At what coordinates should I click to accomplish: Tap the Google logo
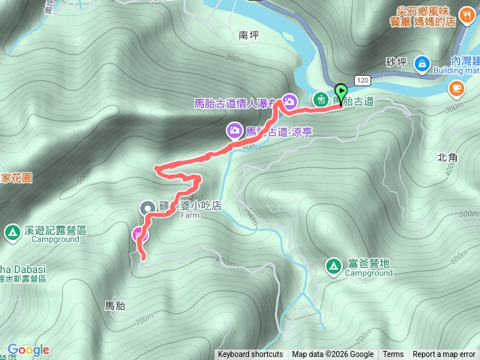pyautogui.click(x=28, y=349)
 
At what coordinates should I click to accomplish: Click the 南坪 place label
pyautogui.click(x=247, y=34)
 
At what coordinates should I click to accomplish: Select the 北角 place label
pyautogui.click(x=447, y=157)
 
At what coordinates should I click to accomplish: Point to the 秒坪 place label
pyautogui.click(x=395, y=61)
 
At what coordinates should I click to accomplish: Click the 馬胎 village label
pyautogui.click(x=115, y=305)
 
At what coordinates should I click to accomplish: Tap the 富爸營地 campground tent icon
pyautogui.click(x=333, y=265)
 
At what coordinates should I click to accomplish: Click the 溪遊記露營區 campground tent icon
pyautogui.click(x=13, y=232)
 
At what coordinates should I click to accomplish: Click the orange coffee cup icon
pyautogui.click(x=455, y=88)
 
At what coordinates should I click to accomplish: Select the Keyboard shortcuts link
pyautogui.click(x=250, y=355)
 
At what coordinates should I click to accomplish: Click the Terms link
pyautogui.click(x=393, y=355)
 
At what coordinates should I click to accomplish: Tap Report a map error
pyautogui.click(x=444, y=355)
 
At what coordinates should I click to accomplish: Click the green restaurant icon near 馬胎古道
pyautogui.click(x=321, y=99)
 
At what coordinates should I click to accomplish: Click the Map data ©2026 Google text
pyautogui.click(x=332, y=355)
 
